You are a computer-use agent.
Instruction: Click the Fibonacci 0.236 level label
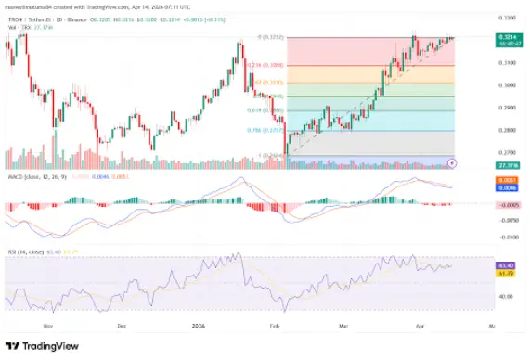258,65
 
